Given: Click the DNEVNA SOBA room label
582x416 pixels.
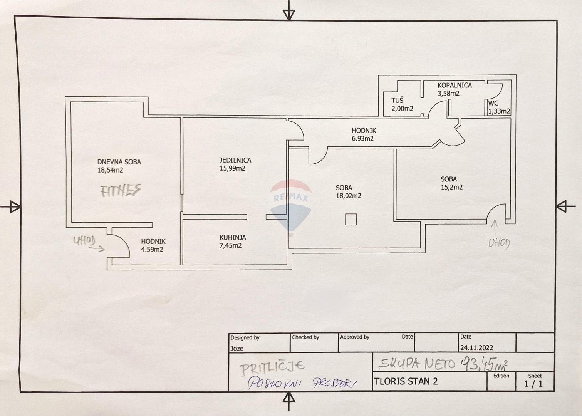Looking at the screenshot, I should point(119,162).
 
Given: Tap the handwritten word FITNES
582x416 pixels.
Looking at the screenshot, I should point(121,190).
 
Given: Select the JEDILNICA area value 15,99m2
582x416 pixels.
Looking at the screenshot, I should point(232,168).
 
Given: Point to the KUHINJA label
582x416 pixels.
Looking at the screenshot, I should point(233,238).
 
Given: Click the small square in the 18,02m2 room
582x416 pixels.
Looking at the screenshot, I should point(351,220).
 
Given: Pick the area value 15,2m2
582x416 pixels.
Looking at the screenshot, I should point(451,187).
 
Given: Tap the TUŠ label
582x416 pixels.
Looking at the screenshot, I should point(398,101).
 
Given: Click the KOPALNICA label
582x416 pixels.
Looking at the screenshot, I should point(455,85).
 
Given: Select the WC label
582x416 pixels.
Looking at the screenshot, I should point(493,103).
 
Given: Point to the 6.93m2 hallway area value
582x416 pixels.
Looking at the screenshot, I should point(362,139).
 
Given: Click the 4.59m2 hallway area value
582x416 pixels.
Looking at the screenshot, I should point(152,250).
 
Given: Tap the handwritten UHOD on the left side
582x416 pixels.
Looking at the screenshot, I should point(84,241).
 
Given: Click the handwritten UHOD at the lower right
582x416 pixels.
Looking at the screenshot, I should point(499,243).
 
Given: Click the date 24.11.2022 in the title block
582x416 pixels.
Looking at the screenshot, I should point(476,347).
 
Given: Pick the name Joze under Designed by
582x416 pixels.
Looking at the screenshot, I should point(237,348).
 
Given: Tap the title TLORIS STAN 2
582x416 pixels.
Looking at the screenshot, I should point(406,381).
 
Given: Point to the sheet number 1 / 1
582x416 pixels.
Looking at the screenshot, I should point(533,384).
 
